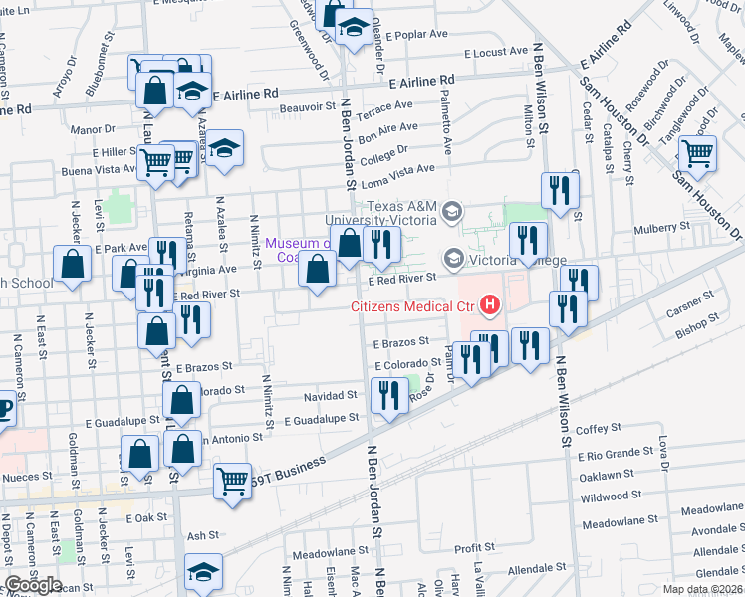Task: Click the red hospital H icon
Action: pos(489,305)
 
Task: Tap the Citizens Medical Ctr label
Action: pos(410,306)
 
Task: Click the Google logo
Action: pos(33,585)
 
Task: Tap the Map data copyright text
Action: pos(702,589)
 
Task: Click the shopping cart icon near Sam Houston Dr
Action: pos(698,154)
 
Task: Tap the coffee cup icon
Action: pos(3,409)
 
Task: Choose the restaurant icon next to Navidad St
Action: pos(389,397)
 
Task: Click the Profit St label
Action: pos(474,548)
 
